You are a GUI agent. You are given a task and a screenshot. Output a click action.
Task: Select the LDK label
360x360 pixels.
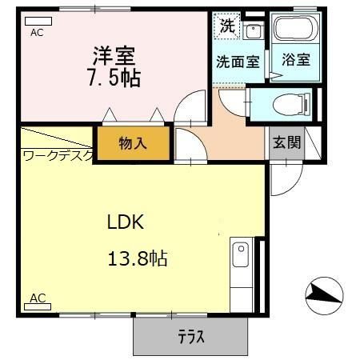[x=126, y=222]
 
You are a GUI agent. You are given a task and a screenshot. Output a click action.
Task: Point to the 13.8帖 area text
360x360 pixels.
[x=138, y=258]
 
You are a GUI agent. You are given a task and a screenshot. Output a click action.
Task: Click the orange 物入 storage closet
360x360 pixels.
[x=134, y=144]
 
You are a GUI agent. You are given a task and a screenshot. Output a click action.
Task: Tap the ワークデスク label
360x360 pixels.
[x=58, y=156]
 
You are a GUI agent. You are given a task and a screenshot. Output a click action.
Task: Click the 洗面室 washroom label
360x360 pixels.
[x=237, y=60]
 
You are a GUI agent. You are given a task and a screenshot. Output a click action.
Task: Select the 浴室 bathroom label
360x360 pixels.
[x=295, y=60]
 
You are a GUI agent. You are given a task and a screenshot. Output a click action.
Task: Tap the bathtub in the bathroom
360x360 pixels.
[x=295, y=30]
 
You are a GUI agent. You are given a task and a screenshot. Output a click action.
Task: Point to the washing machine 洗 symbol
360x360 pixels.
[x=227, y=25]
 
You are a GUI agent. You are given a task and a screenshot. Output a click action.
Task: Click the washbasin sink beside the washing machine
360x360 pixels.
[x=254, y=32]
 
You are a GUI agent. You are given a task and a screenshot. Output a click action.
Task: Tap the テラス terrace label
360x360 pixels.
[x=190, y=337]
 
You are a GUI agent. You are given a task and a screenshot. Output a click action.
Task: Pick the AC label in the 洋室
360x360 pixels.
[x=37, y=34]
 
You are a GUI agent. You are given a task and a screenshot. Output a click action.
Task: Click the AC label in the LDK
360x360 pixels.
[x=37, y=298]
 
